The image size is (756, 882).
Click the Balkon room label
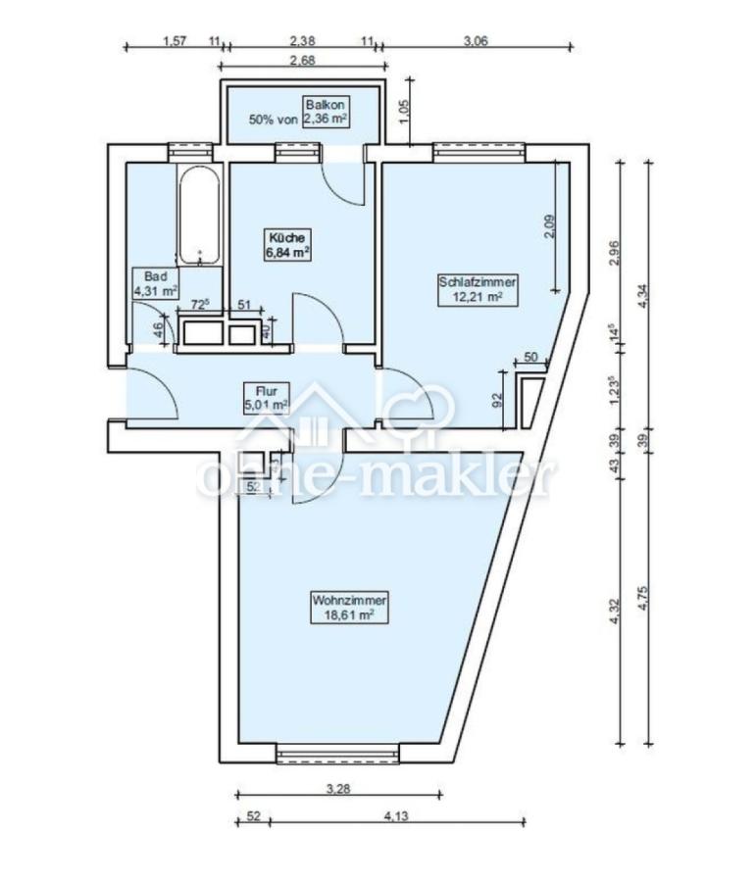[x=325, y=112]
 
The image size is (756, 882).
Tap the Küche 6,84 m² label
[x=288, y=245]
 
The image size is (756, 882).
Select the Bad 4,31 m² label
[x=155, y=283]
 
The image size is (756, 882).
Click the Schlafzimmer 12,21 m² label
[x=478, y=289]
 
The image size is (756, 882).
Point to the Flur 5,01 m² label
[x=266, y=398]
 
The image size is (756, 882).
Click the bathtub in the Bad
[x=199, y=215]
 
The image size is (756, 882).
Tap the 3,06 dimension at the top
[x=476, y=40]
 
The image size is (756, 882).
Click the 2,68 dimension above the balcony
[x=302, y=60]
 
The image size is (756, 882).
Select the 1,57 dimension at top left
[x=175, y=40]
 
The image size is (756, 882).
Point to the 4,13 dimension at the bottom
[x=396, y=815]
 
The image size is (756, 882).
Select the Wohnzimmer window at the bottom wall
[x=338, y=755]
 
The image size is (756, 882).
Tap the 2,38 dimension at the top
[x=302, y=40]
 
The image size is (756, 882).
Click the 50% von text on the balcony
[x=274, y=120]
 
